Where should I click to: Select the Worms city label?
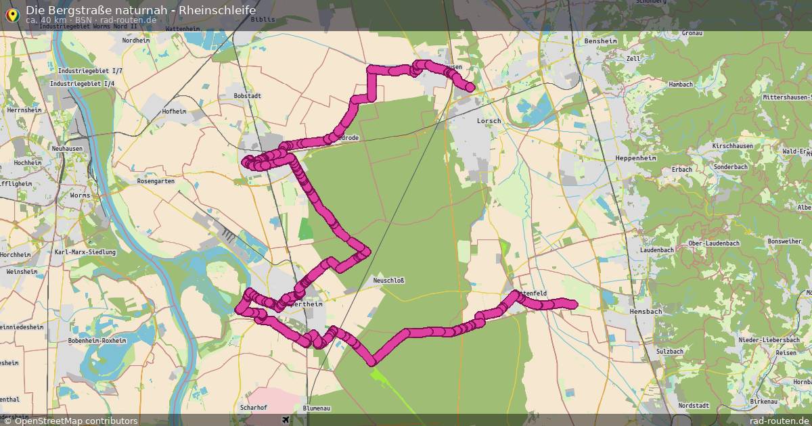[x=80, y=195]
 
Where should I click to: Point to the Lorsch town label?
[x=489, y=121]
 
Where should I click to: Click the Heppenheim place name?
[x=617, y=158]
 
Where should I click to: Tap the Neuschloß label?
[x=388, y=280]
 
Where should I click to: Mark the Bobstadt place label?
[x=247, y=96]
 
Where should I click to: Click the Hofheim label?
[x=174, y=111]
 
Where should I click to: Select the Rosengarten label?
[x=156, y=181]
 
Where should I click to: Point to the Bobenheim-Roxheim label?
[x=97, y=341]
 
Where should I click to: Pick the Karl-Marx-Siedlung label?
[x=85, y=252]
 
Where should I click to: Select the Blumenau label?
[x=317, y=408]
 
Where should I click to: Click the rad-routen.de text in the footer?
[x=780, y=421]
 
